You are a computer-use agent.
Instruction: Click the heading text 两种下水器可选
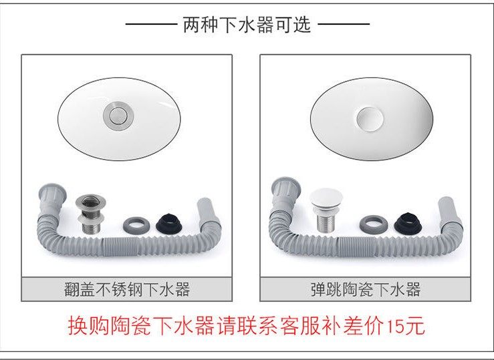point(247,25)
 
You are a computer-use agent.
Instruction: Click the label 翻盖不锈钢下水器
point(126,289)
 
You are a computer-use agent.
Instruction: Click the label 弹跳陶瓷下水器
point(365,289)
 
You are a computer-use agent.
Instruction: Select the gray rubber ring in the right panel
point(370,224)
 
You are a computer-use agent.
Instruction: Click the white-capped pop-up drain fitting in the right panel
point(326,210)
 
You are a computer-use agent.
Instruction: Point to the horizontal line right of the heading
point(344,25)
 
